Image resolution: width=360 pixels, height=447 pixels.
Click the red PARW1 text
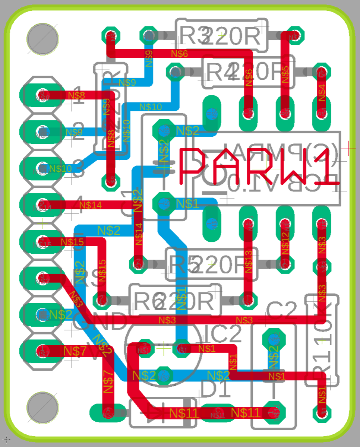(259, 167)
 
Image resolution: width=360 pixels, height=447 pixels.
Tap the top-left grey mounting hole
(43, 39)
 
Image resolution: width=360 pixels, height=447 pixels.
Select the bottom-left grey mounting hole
(43, 408)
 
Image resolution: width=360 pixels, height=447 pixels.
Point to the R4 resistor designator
(220, 72)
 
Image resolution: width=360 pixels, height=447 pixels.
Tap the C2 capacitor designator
(282, 308)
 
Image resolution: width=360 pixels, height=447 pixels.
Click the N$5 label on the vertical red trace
(285, 75)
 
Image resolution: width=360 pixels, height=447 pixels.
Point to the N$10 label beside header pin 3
(60, 168)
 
